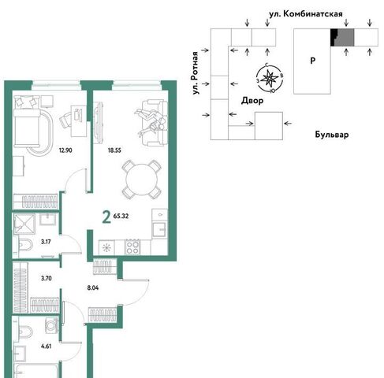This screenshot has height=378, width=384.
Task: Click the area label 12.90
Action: pyautogui.click(x=65, y=150)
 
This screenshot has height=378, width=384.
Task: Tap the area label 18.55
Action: pyautogui.click(x=114, y=150)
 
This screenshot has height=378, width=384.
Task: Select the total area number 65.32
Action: pyautogui.click(x=121, y=216)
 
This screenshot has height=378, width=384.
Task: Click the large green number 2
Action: pyautogui.click(x=106, y=217)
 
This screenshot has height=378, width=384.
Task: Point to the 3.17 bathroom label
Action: pyautogui.click(x=46, y=242)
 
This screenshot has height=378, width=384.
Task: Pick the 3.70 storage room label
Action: pyautogui.click(x=47, y=278)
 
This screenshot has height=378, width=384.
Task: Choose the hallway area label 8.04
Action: pyautogui.click(x=93, y=287)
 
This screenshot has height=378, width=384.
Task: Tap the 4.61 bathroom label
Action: pyautogui.click(x=46, y=346)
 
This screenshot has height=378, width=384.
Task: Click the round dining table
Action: pyautogui.click(x=141, y=180)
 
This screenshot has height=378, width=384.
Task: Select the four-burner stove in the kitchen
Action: pyautogui.click(x=132, y=247)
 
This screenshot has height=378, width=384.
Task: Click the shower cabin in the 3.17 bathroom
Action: pyautogui.click(x=24, y=224)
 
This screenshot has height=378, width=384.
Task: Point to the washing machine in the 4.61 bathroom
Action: pyautogui.click(x=51, y=325)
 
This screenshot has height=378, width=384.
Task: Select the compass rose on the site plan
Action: pyautogui.click(x=270, y=78)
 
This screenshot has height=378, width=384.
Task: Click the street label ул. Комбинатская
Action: pyautogui.click(x=306, y=14)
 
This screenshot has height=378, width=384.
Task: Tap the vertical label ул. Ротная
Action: pyautogui.click(x=195, y=73)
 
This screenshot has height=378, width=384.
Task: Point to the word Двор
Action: pyautogui.click(x=252, y=101)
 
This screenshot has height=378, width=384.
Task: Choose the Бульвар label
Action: pyautogui.click(x=332, y=135)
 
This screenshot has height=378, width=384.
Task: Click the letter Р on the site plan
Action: pyautogui.click(x=312, y=61)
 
